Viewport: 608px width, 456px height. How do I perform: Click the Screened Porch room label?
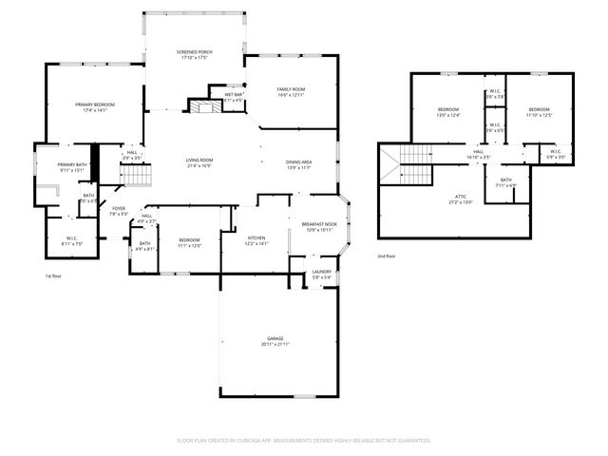click(x=193, y=54)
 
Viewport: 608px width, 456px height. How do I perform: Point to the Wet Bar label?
click(x=234, y=97)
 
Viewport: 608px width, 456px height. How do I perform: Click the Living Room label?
click(x=199, y=162)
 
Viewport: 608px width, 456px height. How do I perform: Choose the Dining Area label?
click(x=299, y=164)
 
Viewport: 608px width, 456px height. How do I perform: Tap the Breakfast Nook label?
click(x=318, y=226)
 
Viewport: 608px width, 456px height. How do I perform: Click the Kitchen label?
click(x=256, y=240)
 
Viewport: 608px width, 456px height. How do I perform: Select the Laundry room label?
click(x=321, y=275)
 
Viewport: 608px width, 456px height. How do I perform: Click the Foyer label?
click(x=119, y=211)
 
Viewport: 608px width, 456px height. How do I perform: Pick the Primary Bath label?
click(x=72, y=168)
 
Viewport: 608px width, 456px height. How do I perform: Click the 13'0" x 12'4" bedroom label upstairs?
click(x=448, y=113)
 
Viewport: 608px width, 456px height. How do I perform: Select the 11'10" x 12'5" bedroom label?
click(x=540, y=113)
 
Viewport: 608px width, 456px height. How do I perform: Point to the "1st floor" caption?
click(x=54, y=275)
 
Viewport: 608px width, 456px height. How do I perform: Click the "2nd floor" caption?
click(x=387, y=256)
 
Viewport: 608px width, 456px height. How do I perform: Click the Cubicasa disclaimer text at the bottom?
click(x=304, y=441)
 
